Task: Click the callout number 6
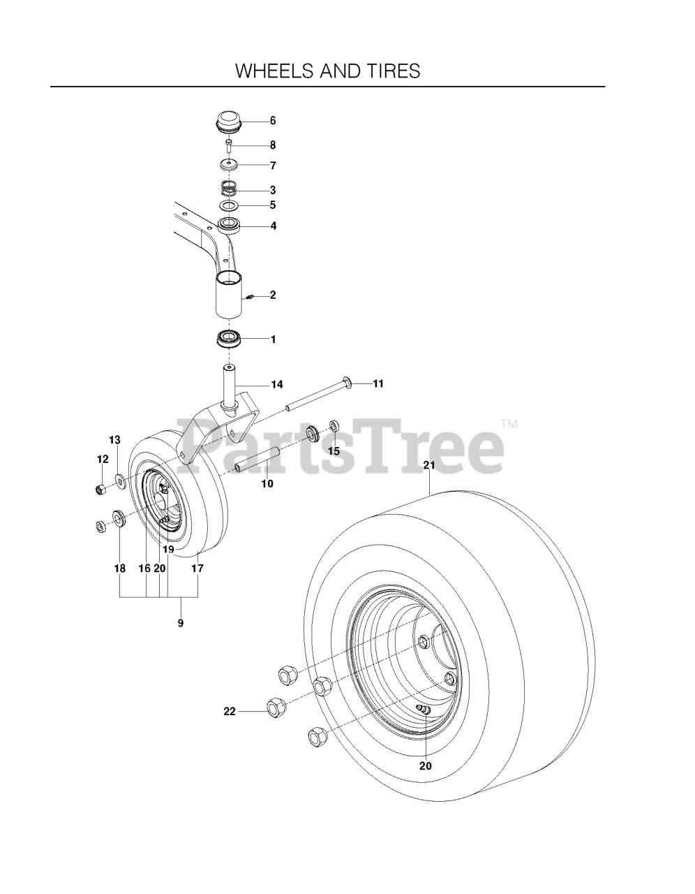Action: pos(273,121)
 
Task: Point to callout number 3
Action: pos(273,190)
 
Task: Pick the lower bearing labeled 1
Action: pos(229,339)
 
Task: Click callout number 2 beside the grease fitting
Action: pos(273,295)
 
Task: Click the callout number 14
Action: pos(277,384)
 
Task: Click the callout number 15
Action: pos(334,451)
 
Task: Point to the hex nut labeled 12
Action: pos(102,488)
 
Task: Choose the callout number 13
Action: pos(114,440)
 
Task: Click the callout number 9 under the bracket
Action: pos(181,623)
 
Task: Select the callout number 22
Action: pos(230,712)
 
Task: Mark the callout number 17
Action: pos(197,569)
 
